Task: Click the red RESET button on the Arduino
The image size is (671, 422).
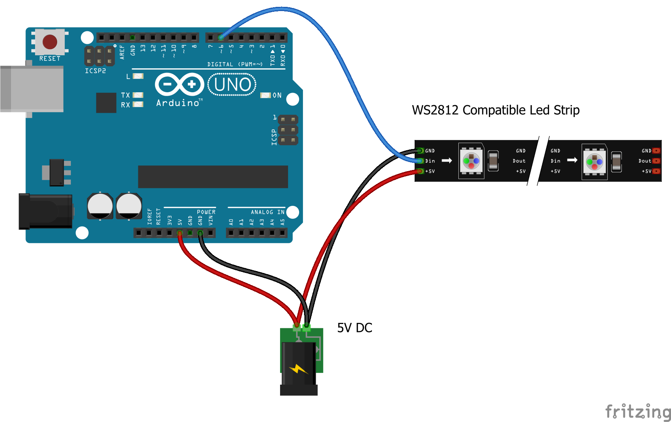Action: pyautogui.click(x=50, y=42)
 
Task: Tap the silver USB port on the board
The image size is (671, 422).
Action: pyautogui.click(x=32, y=89)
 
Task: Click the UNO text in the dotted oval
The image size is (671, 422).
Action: pyautogui.click(x=232, y=85)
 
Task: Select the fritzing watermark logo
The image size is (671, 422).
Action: pyautogui.click(x=637, y=412)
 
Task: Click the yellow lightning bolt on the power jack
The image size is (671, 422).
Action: pyautogui.click(x=298, y=369)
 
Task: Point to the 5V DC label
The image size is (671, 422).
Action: pyautogui.click(x=354, y=328)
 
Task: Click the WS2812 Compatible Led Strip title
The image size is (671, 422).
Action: pyautogui.click(x=495, y=110)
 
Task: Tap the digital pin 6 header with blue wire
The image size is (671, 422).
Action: pyautogui.click(x=221, y=37)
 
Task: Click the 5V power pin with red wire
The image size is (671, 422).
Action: pyautogui.click(x=179, y=233)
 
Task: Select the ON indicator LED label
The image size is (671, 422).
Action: pyautogui.click(x=277, y=95)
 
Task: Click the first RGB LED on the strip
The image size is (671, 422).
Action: pyautogui.click(x=471, y=161)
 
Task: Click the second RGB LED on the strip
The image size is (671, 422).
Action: pyautogui.click(x=594, y=162)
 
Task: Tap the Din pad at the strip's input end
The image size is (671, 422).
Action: pyautogui.click(x=420, y=161)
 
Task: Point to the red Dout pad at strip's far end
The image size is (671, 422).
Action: pyautogui.click(x=656, y=161)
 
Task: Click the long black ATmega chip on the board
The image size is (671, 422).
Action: pyautogui.click(x=213, y=177)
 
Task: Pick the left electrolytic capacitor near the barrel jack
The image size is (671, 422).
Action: pyautogui.click(x=100, y=206)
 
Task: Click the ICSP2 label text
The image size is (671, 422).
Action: pyautogui.click(x=95, y=71)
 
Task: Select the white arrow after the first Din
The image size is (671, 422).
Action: pyautogui.click(x=447, y=160)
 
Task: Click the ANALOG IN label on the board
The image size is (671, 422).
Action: pyautogui.click(x=267, y=212)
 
